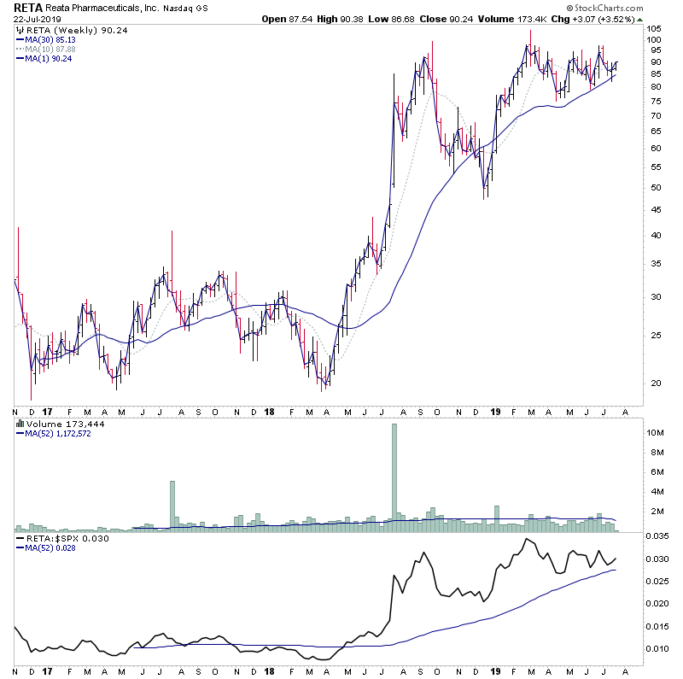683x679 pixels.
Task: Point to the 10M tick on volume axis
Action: pyautogui.click(x=656, y=433)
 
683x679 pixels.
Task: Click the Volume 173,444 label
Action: pyautogui.click(x=58, y=423)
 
